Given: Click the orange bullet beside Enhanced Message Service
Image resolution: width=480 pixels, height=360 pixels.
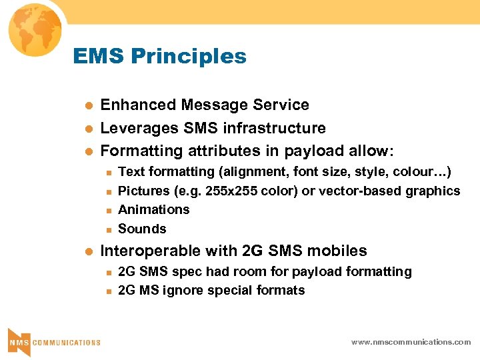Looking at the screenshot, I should [86, 105].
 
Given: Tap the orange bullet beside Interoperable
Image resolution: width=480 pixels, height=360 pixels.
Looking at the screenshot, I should [86, 251].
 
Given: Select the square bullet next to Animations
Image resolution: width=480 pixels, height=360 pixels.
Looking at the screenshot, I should [107, 210].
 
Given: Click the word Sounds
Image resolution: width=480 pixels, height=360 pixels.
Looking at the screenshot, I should [142, 229].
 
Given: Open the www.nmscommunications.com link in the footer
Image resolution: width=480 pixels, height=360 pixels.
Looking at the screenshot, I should [411, 341].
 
